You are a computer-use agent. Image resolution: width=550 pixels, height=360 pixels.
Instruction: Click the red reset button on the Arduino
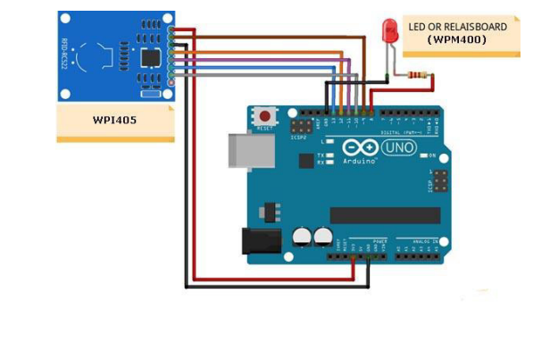click(x=265, y=116)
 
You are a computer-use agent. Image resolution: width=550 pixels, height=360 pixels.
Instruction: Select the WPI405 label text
click(x=115, y=120)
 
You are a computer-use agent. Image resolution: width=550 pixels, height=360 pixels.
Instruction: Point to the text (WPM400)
click(x=457, y=40)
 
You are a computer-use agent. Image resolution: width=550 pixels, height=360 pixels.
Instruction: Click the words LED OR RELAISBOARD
click(x=457, y=27)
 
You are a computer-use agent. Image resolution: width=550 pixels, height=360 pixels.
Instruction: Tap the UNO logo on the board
click(x=400, y=148)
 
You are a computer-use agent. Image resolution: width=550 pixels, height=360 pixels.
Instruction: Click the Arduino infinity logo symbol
click(x=356, y=148)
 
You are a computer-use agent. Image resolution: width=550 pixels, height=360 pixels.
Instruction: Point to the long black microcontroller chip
click(x=385, y=215)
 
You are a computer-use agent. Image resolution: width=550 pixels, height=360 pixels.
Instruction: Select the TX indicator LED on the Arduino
click(x=330, y=155)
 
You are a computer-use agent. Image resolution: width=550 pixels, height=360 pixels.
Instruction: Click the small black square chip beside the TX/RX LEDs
click(x=306, y=161)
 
